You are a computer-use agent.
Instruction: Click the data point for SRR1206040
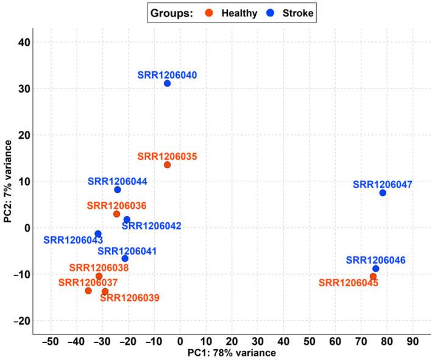[x=167, y=83]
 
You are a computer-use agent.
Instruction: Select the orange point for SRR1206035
[x=167, y=165]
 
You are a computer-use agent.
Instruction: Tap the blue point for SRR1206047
[x=383, y=193]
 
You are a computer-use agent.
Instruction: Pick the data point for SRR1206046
[x=375, y=269]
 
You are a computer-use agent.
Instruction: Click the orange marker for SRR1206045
[x=373, y=277]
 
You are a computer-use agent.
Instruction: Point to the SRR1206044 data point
[x=118, y=190]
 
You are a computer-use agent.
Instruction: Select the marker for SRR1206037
[x=88, y=291]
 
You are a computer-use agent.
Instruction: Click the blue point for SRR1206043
[x=98, y=234]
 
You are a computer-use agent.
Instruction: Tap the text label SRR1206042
[x=151, y=226]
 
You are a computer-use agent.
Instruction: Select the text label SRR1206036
[x=116, y=206]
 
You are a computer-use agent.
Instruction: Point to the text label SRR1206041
[x=128, y=250]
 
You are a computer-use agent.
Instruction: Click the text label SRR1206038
[x=99, y=267]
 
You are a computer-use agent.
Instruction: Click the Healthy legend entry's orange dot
[x=208, y=12]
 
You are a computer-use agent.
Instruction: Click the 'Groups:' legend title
[x=173, y=12]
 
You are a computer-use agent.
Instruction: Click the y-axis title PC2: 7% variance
[x=8, y=182]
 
